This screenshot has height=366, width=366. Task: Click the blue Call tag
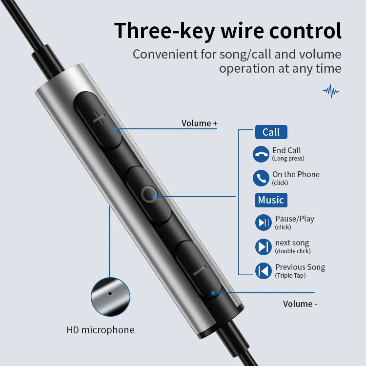[x=271, y=132]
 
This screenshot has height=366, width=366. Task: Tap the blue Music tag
[x=271, y=200]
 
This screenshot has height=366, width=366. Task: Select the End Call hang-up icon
[x=261, y=154]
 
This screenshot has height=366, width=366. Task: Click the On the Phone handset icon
[x=261, y=178]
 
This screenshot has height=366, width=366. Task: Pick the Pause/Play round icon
[x=264, y=223]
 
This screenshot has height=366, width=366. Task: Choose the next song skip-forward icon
[x=264, y=247]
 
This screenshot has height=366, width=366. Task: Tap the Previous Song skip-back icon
[x=264, y=271]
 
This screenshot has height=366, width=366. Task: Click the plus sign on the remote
[x=99, y=119]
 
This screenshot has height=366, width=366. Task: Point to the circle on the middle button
[x=149, y=194]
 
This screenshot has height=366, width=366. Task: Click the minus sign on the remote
[x=199, y=270]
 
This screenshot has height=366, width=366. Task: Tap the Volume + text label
[x=199, y=123]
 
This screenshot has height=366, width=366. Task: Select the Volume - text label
[x=300, y=304]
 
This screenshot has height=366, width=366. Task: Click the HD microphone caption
[x=100, y=330]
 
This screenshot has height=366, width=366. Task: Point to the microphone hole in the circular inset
[x=110, y=293]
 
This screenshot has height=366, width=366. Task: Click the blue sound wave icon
[x=331, y=91]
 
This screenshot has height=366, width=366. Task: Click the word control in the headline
[x=305, y=30]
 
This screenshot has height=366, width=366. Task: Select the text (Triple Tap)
[x=290, y=276]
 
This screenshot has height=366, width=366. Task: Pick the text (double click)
[x=293, y=251]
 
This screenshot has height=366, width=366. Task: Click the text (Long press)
[x=288, y=159]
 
